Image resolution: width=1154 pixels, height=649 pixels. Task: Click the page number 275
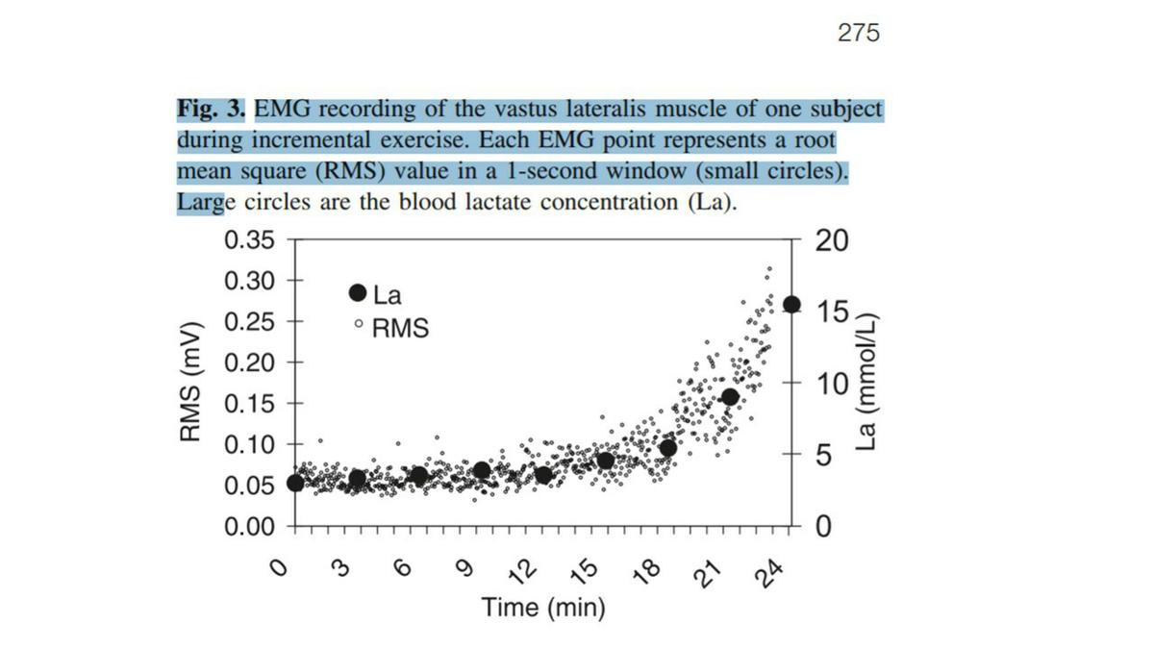858,34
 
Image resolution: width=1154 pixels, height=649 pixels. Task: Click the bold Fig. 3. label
213,109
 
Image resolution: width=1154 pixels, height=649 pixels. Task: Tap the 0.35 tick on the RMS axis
249,239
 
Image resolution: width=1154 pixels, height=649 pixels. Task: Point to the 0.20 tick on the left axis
249,362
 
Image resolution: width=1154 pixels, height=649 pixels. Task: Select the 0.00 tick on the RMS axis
249,527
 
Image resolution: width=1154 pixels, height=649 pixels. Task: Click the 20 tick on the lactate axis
832,240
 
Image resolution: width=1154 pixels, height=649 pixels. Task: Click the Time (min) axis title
543,608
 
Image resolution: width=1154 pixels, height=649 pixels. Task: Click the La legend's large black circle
358,292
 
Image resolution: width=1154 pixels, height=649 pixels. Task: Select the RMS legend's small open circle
359,327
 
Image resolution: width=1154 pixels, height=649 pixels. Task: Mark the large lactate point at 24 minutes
791,304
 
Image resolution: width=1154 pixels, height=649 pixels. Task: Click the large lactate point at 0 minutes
295,483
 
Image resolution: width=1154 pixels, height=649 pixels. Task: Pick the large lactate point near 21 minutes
730,396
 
